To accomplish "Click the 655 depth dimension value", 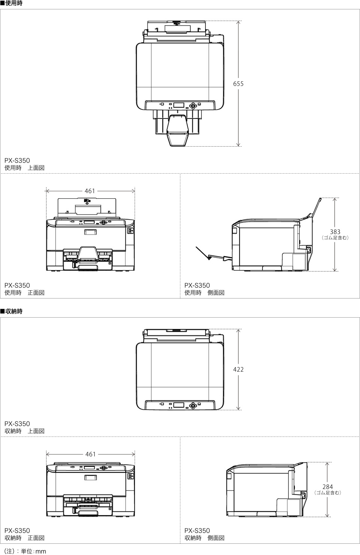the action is tap(238, 84).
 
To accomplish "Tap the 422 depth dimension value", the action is tap(238, 369).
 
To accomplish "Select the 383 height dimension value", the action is tap(335, 232).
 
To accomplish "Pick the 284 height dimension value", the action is tap(327, 487).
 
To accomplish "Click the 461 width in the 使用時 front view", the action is tap(90, 191).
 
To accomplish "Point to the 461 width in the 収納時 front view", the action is tap(90, 454).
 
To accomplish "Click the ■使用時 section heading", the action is tap(11, 3).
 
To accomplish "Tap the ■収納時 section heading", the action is tap(11, 312).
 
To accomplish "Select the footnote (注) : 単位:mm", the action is tap(25, 551).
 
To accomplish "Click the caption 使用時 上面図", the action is tap(24, 168).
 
